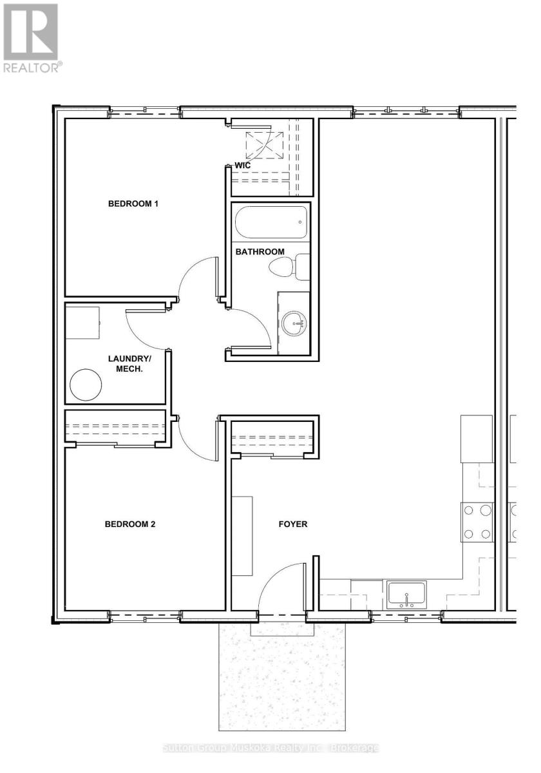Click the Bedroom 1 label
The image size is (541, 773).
(x=133, y=204)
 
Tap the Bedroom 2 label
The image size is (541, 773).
(x=130, y=524)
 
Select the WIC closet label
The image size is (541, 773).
(x=243, y=166)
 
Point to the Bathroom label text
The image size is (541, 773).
(x=260, y=252)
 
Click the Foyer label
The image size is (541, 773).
(x=293, y=524)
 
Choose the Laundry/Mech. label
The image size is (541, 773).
(x=129, y=364)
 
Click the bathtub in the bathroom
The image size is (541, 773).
(x=271, y=222)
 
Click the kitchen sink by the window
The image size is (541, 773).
(x=406, y=595)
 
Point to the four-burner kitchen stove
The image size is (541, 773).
(x=477, y=522)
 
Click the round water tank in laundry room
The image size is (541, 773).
(x=86, y=385)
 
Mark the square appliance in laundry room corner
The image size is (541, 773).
(x=83, y=323)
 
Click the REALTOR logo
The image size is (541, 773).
(x=31, y=38)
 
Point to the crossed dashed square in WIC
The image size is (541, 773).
(x=264, y=146)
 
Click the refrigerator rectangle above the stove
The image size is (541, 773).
(x=477, y=439)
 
